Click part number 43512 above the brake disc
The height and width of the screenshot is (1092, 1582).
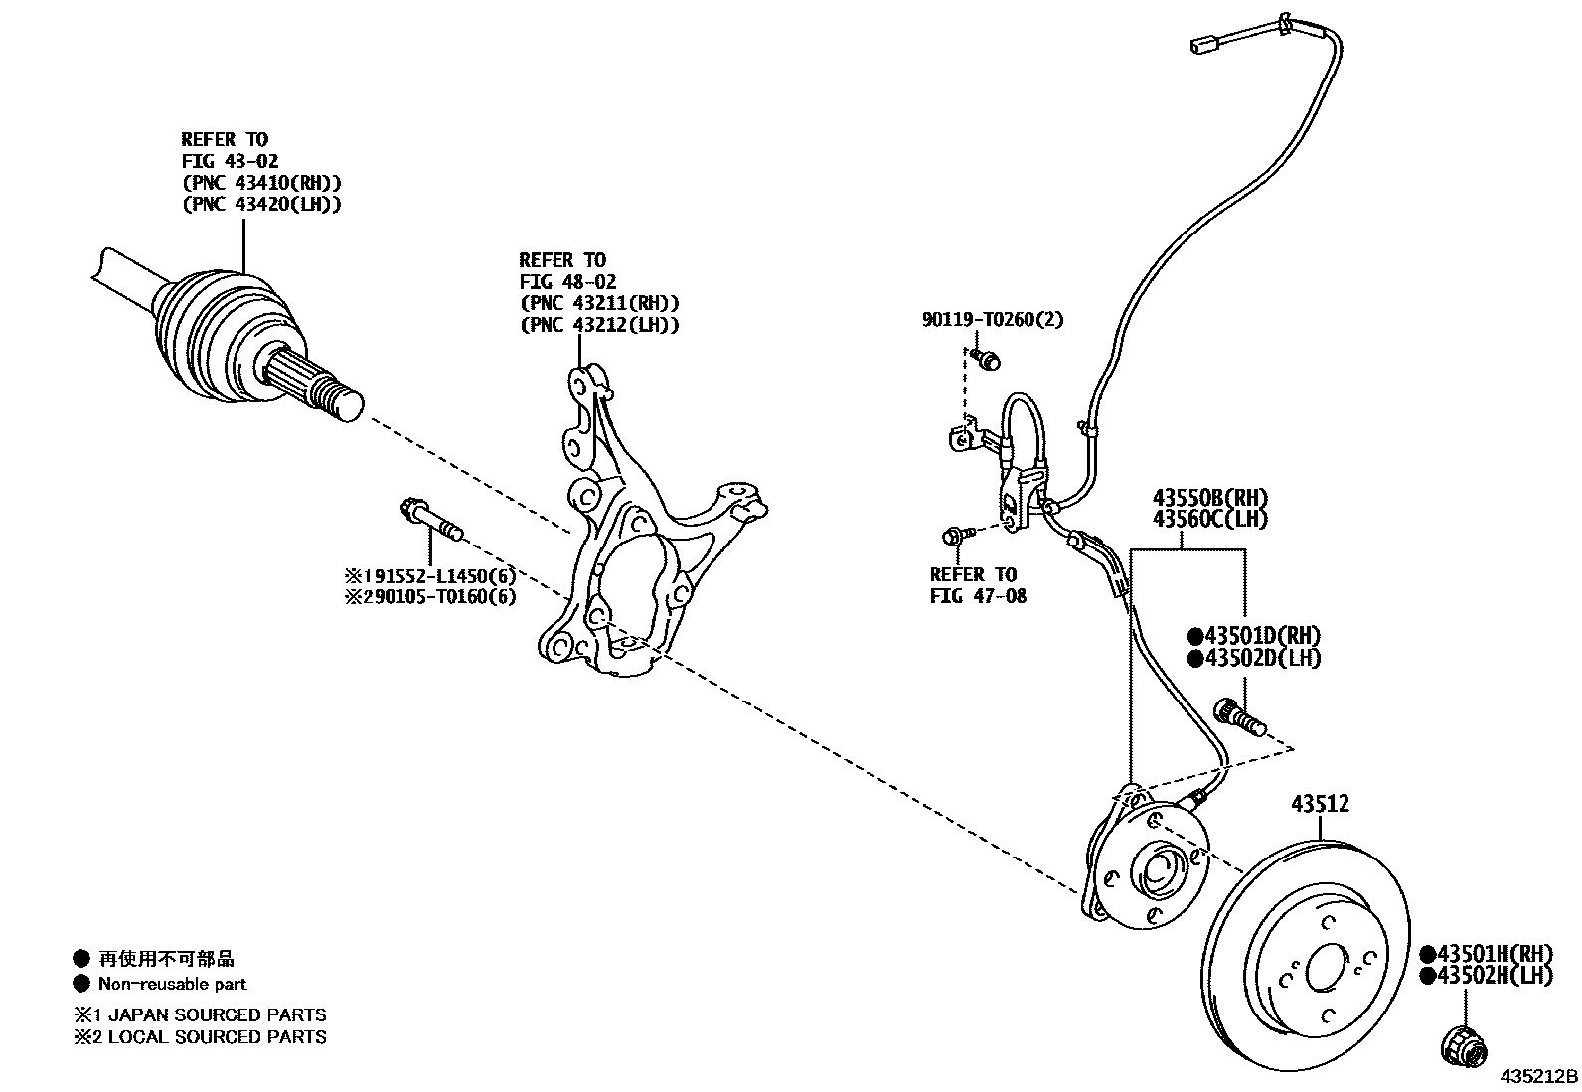coord(1320,804)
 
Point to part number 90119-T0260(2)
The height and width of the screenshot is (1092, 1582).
coord(991,320)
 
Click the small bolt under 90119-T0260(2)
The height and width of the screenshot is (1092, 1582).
coord(986,358)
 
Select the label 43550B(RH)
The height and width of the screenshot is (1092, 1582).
coord(1210,497)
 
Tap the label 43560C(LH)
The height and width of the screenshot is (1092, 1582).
coord(1210,518)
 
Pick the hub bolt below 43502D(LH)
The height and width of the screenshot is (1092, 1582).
coord(1239,716)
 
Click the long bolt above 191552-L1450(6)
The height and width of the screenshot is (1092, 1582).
coord(430,520)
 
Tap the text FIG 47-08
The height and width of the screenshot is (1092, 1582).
coord(978,596)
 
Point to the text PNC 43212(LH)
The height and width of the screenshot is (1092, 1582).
coord(599,325)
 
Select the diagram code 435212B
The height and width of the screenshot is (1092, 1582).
coord(1538,1077)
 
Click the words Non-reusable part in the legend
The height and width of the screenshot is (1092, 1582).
coord(172,984)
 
